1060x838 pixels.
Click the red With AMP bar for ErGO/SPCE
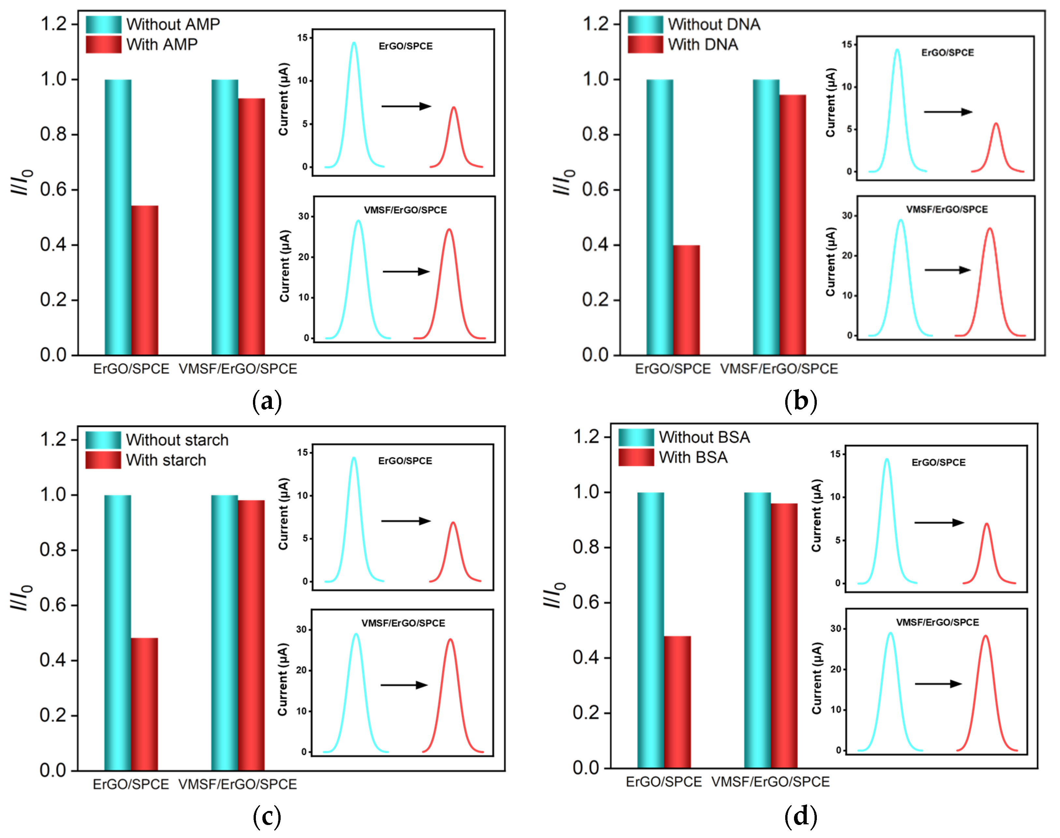145,280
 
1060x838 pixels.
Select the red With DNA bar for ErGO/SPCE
686,299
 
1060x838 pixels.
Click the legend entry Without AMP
173,24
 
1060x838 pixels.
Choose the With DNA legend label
703,45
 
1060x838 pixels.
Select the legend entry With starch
166,460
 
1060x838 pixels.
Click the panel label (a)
267,401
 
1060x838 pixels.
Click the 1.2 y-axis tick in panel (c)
53,439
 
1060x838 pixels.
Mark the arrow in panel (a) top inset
406,106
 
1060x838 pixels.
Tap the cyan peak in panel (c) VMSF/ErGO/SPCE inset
356,687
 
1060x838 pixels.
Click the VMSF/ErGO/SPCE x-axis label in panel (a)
238,369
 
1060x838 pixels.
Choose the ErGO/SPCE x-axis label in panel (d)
664,782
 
